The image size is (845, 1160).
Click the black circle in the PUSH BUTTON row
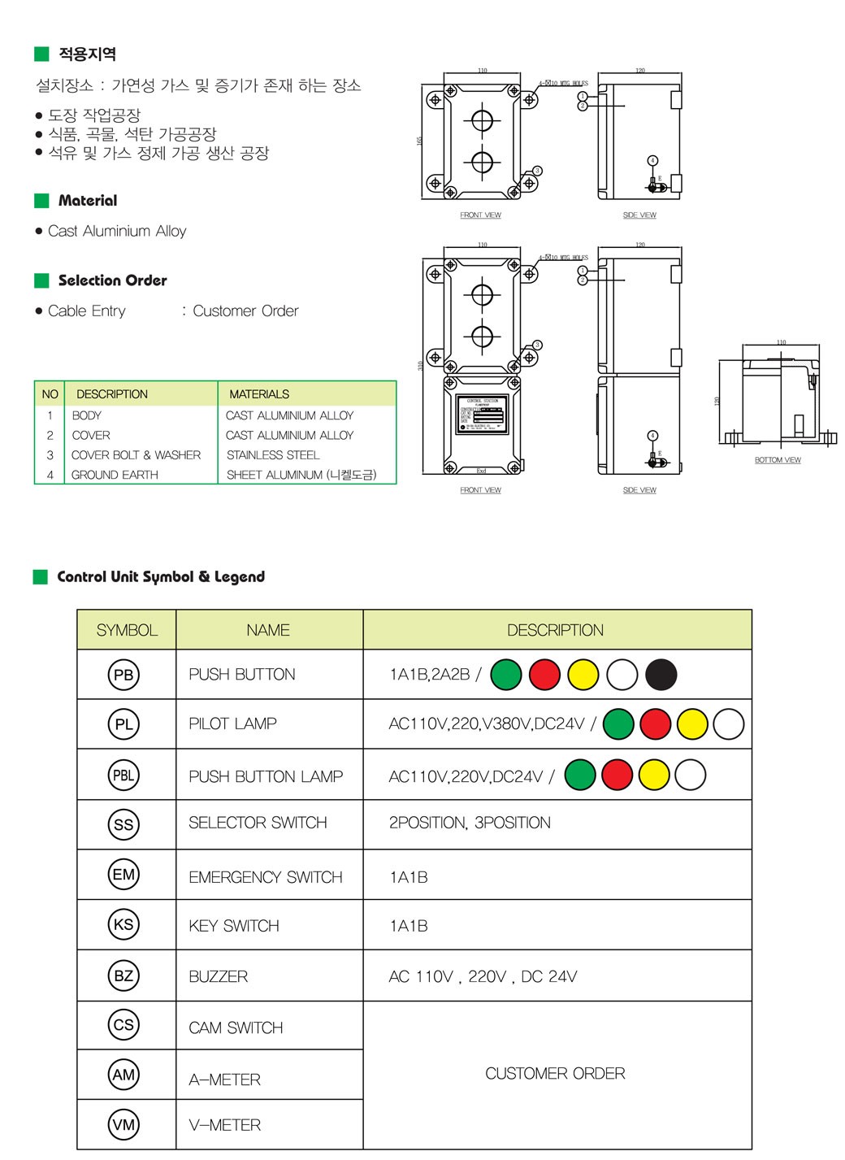pos(661,675)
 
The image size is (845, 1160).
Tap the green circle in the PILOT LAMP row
pos(619,723)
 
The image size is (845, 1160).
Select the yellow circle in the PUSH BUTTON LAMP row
pos(654,775)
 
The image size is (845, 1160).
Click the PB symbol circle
pos(123,675)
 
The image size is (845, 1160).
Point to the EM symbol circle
pos(123,875)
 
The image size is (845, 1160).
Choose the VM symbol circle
pos(123,1125)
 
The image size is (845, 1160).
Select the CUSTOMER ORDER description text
pos(555,1074)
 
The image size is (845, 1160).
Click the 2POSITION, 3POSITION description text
pos(470,823)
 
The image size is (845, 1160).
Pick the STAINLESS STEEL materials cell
pos(273,455)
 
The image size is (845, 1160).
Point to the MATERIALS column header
pos(259,394)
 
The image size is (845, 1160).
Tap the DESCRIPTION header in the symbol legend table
pos(555,630)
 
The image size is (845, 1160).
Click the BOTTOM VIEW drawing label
pos(778,460)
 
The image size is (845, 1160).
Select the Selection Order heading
pos(112,280)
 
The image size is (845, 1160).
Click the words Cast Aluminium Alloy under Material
pos(117,231)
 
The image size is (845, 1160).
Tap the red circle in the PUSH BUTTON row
pos(544,675)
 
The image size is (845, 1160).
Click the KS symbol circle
pos(123,924)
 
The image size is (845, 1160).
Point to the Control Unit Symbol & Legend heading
pos(161,576)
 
